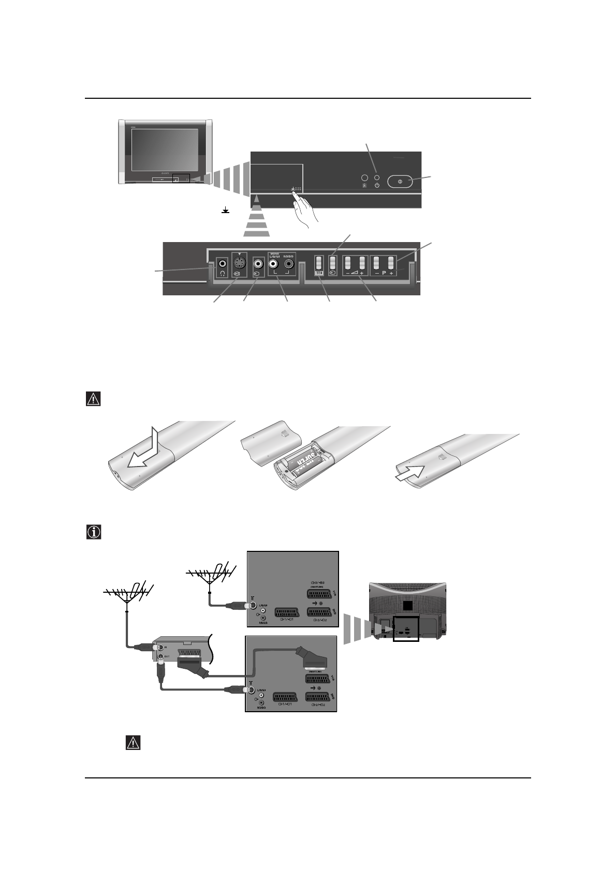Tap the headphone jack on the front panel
[x=222, y=263]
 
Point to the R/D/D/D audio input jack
[x=289, y=263]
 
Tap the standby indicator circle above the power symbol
[x=377, y=177]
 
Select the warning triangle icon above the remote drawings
[x=93, y=399]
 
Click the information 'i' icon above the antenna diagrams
[x=93, y=532]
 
